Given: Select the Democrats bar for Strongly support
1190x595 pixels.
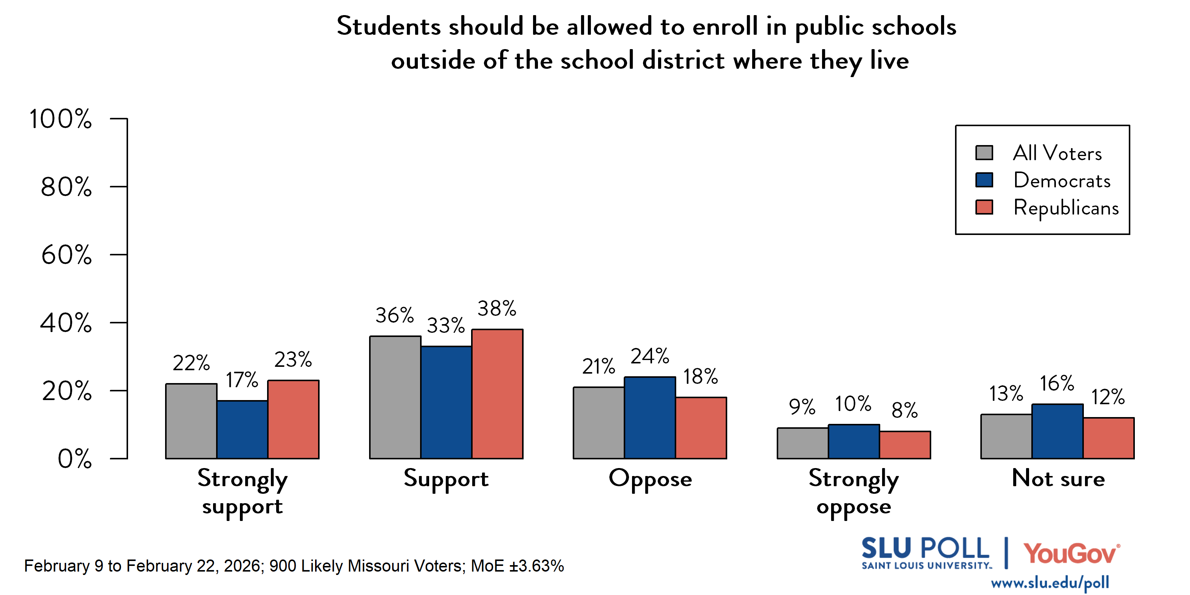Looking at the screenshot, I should pos(242,429).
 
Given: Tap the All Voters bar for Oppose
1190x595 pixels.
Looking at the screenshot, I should pos(599,422).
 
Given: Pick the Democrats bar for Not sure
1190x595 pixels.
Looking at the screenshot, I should pos(1057,431).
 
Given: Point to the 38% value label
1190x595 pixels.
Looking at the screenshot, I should pos(497,308).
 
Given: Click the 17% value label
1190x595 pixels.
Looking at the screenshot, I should pos(242,380).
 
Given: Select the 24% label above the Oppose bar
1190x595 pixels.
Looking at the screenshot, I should pos(649,356).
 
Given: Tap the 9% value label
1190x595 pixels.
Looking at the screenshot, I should pos(802,406).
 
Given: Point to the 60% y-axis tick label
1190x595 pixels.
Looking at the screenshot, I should pos(66,255).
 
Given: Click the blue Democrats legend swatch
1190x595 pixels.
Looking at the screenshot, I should pos(984,180).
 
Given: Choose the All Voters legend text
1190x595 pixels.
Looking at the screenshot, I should pos(1057,153).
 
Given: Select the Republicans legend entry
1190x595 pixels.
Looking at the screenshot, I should pos(1066,207).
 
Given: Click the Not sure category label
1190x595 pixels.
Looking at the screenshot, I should pos(1058,478).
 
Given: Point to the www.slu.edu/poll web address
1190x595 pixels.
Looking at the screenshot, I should pos(1049,583).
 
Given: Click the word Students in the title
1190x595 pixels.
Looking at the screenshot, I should pos(388,26).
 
